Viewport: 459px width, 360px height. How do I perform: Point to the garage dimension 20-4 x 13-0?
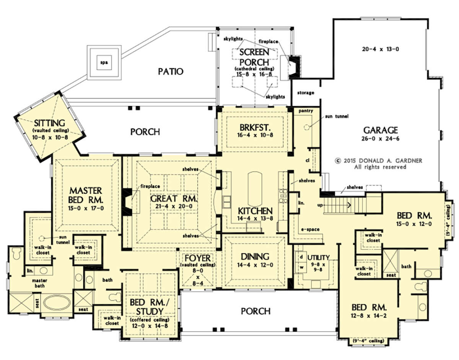coord(380,49)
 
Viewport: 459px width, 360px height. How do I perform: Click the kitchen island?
coord(255,189)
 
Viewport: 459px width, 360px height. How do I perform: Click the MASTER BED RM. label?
coord(85,195)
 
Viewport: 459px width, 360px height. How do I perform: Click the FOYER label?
coord(197,257)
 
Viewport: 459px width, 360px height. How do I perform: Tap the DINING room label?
coord(255,257)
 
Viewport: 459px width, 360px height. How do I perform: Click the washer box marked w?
coord(301,267)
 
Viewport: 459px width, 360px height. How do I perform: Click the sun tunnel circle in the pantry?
coord(306,127)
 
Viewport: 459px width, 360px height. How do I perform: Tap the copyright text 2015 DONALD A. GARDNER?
coord(379,161)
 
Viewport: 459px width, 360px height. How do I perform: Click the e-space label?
coord(310,229)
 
